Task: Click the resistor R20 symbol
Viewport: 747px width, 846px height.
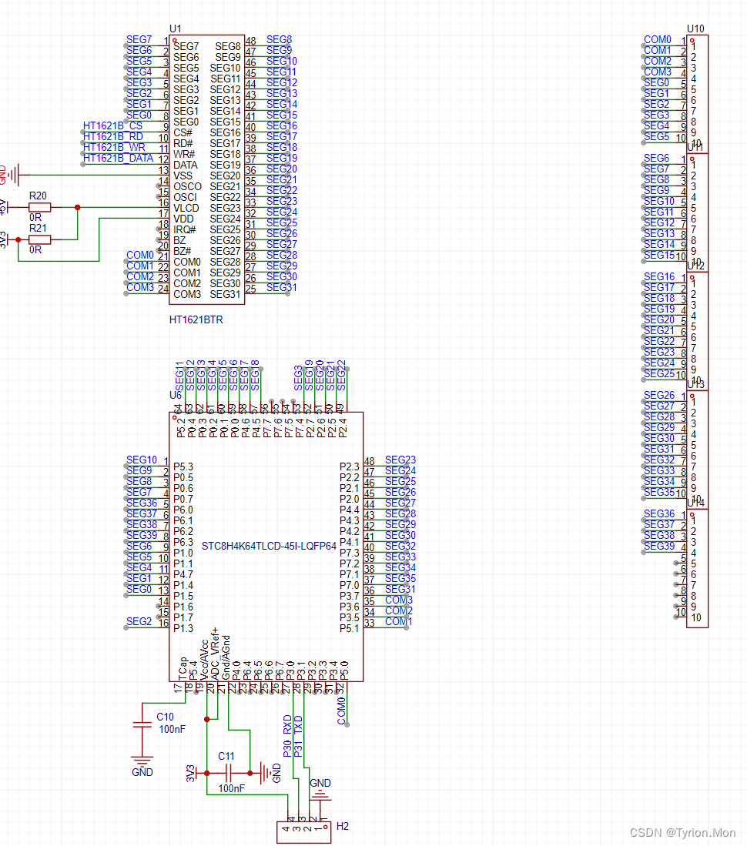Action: pyautogui.click(x=40, y=207)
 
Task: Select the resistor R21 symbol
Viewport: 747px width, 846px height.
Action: pyautogui.click(x=40, y=239)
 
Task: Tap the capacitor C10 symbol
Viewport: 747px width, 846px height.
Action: pyautogui.click(x=142, y=724)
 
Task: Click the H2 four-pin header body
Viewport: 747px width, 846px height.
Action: pyautogui.click(x=303, y=831)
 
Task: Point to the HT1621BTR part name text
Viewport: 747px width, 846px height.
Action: pyautogui.click(x=196, y=319)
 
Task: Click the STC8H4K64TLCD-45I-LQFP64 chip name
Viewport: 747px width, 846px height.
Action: pyautogui.click(x=269, y=547)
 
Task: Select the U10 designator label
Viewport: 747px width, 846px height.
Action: pyautogui.click(x=695, y=29)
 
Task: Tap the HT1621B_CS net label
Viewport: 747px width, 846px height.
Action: pyautogui.click(x=112, y=126)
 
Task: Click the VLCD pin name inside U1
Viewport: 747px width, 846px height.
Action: pyautogui.click(x=186, y=208)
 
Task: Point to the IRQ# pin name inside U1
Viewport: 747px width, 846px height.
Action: pyautogui.click(x=185, y=229)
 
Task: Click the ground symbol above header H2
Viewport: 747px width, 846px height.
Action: pyautogui.click(x=320, y=795)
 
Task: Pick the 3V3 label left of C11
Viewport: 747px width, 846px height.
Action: pyautogui.click(x=190, y=773)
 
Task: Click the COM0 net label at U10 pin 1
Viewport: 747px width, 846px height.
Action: pyautogui.click(x=657, y=40)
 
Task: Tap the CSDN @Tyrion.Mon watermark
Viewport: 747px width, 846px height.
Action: pyautogui.click(x=682, y=833)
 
